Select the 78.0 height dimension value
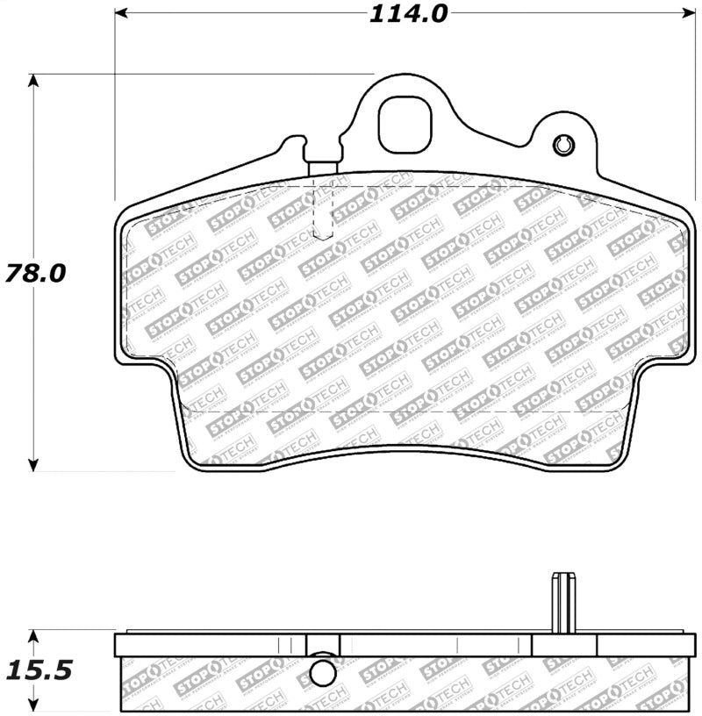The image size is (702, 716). [34, 273]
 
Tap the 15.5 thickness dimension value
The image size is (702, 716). [37, 671]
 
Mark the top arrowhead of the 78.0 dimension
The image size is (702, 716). [33, 82]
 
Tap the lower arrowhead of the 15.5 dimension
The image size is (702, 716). [33, 706]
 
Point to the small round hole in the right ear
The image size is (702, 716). [563, 145]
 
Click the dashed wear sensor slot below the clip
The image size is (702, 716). [324, 211]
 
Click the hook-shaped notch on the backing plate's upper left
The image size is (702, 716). [296, 142]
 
